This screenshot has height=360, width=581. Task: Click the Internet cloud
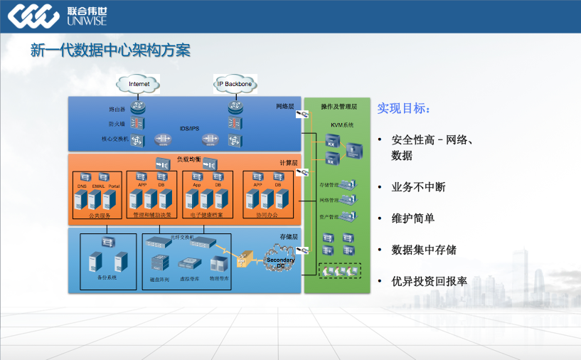(139, 84)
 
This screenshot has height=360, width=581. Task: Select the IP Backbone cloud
(234, 84)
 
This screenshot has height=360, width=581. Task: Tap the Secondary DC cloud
(280, 262)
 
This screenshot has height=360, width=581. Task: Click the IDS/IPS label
(189, 129)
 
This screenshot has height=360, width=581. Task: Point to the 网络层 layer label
(285, 107)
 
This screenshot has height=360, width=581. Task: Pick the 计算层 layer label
(287, 163)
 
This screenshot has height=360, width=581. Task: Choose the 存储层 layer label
(287, 235)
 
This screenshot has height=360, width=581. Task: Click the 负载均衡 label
(188, 158)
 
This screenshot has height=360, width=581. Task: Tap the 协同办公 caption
(267, 214)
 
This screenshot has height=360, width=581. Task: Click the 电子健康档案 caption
(207, 214)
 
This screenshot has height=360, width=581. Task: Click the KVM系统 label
(336, 125)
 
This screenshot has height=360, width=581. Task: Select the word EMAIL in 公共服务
(98, 186)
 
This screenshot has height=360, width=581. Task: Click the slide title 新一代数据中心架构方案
(110, 51)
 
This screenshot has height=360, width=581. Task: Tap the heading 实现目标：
(403, 109)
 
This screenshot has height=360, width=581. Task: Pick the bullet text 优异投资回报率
(429, 281)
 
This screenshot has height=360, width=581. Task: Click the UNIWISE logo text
(86, 21)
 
